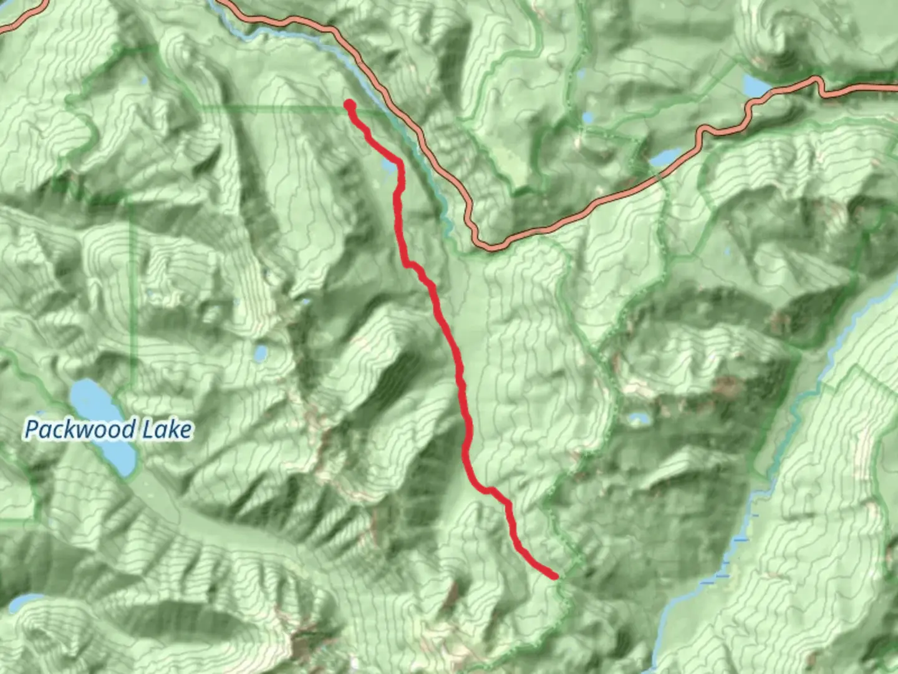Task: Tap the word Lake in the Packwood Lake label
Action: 167,430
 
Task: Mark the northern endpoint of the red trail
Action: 349,104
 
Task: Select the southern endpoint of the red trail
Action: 554,576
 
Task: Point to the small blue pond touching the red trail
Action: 389,167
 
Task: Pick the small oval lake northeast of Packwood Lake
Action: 261,353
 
